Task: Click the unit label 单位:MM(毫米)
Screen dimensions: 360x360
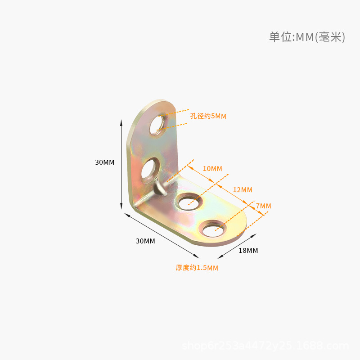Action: (307, 37)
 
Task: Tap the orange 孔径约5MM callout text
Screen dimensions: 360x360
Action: (208, 116)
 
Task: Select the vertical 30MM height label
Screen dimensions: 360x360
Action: (105, 162)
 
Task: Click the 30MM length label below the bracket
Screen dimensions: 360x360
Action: (145, 241)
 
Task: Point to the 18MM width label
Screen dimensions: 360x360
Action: (248, 250)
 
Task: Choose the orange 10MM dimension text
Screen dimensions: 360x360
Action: (212, 169)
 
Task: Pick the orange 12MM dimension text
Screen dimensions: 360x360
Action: (243, 190)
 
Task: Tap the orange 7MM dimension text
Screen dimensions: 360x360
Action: (263, 206)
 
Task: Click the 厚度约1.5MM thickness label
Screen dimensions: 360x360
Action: (197, 268)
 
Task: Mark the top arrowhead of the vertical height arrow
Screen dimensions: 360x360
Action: (121, 122)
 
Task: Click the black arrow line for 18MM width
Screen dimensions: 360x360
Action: (237, 246)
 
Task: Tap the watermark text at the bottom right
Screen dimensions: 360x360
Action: (265, 346)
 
